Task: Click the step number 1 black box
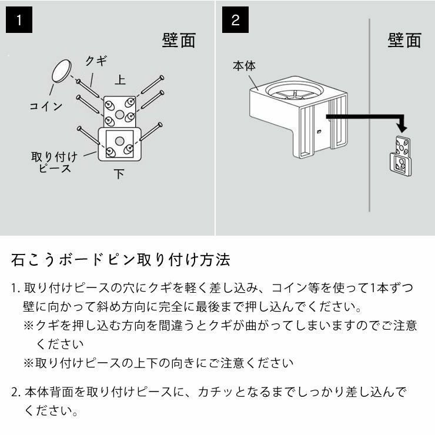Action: [19, 21]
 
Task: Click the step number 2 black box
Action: [236, 21]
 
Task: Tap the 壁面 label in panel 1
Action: [179, 40]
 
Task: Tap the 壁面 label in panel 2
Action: [404, 40]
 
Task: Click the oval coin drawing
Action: [61, 71]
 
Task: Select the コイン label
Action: [46, 106]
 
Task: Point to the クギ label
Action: [96, 62]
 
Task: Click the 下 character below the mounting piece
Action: [119, 174]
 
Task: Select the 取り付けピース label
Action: [54, 162]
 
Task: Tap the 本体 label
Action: [244, 66]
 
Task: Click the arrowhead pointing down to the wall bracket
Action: [402, 126]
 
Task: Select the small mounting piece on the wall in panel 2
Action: [402, 154]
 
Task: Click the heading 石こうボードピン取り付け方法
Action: [121, 259]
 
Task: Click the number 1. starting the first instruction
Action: [16, 289]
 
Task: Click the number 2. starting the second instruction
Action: [16, 392]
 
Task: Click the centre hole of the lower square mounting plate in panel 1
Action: [119, 140]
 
